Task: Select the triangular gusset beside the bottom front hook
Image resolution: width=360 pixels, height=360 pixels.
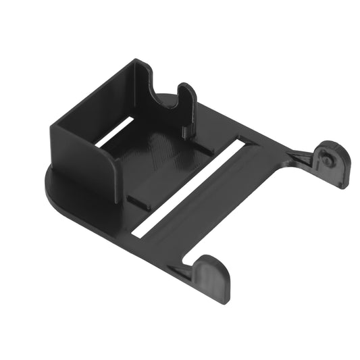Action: click(x=181, y=270)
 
